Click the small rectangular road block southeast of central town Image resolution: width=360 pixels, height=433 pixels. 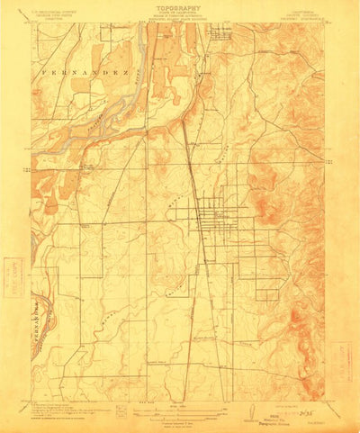[266, 289]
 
